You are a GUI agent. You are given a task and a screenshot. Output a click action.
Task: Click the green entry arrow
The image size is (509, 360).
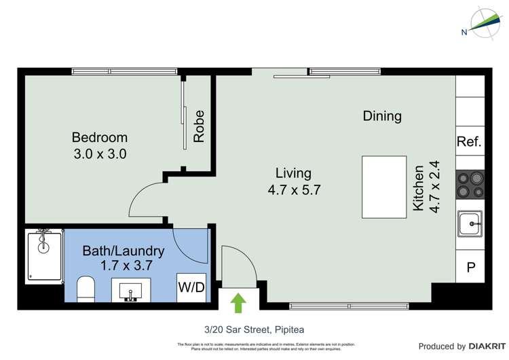(x=238, y=302)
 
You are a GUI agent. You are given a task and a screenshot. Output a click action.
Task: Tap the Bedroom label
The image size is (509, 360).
(x=100, y=137)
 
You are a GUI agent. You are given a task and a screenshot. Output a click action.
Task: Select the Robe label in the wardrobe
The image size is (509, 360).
(x=199, y=126)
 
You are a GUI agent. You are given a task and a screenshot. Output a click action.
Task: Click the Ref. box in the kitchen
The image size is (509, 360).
(x=469, y=142)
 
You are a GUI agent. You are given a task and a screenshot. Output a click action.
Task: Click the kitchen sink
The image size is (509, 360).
(x=470, y=223)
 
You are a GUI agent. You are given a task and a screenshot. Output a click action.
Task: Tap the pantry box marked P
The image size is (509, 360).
(x=470, y=268)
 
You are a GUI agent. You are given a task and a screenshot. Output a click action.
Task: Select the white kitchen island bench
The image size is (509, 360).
(x=384, y=187)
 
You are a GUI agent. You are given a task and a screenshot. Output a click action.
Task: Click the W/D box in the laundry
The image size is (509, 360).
(x=191, y=287)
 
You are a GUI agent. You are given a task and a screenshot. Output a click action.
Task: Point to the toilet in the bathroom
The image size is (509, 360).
(x=86, y=288)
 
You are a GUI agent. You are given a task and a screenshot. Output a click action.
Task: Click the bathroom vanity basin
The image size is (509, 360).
(x=130, y=292)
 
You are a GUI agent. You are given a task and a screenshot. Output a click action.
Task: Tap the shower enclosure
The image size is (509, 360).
(x=44, y=255)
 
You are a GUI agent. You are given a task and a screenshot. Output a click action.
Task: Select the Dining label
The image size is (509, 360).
(x=382, y=116)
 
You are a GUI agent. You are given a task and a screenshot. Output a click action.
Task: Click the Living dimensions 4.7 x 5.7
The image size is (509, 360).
(x=293, y=190)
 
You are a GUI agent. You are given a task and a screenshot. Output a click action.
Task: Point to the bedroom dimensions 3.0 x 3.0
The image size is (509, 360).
(x=100, y=154)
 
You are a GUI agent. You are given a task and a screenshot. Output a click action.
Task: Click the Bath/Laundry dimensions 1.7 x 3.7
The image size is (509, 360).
(x=123, y=266)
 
